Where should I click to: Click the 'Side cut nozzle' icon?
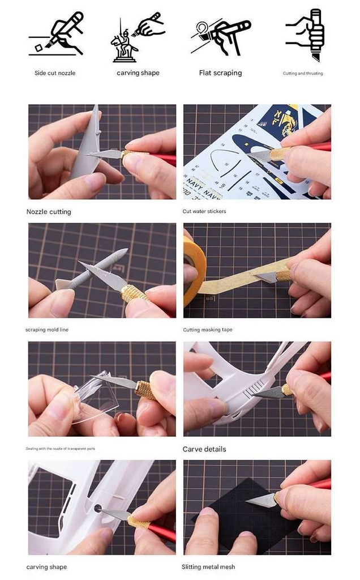pyautogui.click(x=55, y=37)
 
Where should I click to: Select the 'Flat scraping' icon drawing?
pyautogui.click(x=220, y=37)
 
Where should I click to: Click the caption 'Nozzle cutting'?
pyautogui.click(x=49, y=212)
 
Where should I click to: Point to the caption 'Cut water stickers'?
pyautogui.click(x=204, y=211)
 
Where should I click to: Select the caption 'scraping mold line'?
pyautogui.click(x=47, y=330)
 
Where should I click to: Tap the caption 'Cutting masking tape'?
pyautogui.click(x=207, y=330)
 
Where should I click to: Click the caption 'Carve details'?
pyautogui.click(x=204, y=449)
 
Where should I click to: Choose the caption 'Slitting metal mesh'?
pyautogui.click(x=208, y=566)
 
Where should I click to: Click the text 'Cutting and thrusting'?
pyautogui.click(x=303, y=74)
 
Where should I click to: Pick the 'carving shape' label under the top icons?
pyautogui.click(x=138, y=73)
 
